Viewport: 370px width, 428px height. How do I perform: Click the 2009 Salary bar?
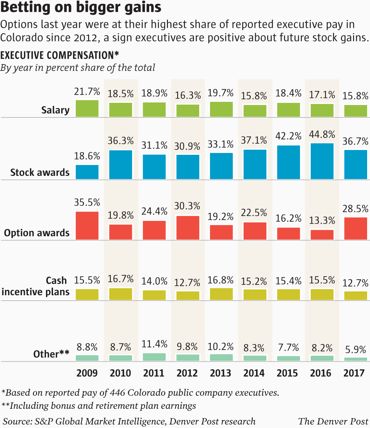[x=87, y=109]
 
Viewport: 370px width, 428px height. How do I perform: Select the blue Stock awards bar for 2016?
[x=322, y=161]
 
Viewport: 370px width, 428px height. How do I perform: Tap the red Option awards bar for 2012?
[x=188, y=228]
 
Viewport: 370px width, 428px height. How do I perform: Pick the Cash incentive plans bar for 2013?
[x=221, y=294]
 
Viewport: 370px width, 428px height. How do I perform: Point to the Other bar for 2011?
[x=154, y=357]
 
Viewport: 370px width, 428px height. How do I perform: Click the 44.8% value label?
[x=322, y=135]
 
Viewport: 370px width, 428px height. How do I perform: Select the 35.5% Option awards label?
[x=87, y=202]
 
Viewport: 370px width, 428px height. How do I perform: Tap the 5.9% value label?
[x=356, y=350]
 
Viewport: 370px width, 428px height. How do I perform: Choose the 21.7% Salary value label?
[x=87, y=92]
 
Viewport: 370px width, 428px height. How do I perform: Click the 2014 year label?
[x=254, y=373]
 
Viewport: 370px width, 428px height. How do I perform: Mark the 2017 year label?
[x=354, y=373]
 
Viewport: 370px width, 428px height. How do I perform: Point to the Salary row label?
[x=55, y=110]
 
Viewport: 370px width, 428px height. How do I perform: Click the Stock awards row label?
[x=40, y=172]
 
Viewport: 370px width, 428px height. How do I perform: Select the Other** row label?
[x=51, y=354]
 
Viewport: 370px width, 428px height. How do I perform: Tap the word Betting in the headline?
[x=25, y=8]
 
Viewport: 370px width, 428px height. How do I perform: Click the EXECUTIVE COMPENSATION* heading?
[x=60, y=55]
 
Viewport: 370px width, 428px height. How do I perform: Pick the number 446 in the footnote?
[x=117, y=393]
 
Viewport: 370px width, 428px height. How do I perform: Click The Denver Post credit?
[x=333, y=421]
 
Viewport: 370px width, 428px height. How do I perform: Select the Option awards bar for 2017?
[x=356, y=229]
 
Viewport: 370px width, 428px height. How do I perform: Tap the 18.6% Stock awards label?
[x=87, y=156]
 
